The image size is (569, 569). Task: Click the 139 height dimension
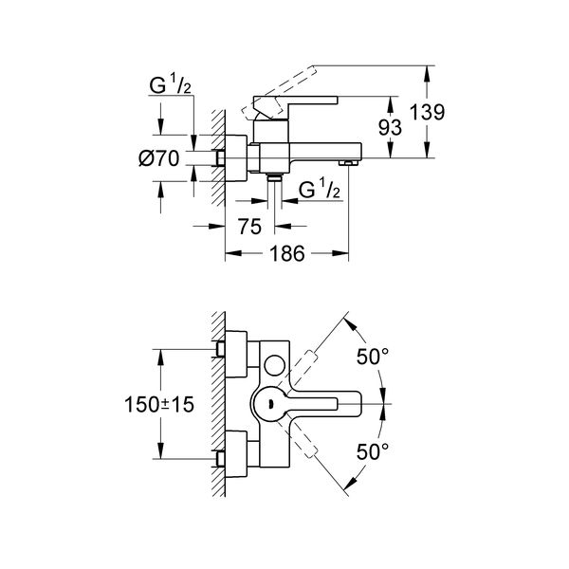[427, 112]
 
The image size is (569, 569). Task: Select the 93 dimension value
[390, 127]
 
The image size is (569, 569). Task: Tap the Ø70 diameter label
[159, 158]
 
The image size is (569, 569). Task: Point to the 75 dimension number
[249, 227]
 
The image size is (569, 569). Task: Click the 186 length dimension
[287, 253]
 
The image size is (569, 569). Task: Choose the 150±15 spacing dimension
[159, 404]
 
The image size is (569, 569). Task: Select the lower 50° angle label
[373, 451]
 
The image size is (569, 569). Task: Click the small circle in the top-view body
[275, 365]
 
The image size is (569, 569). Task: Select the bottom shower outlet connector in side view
[275, 177]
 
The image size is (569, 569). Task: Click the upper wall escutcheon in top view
[236, 355]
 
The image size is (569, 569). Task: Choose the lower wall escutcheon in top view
[236, 454]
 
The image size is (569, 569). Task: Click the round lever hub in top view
[270, 404]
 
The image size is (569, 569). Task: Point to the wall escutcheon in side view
[236, 157]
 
